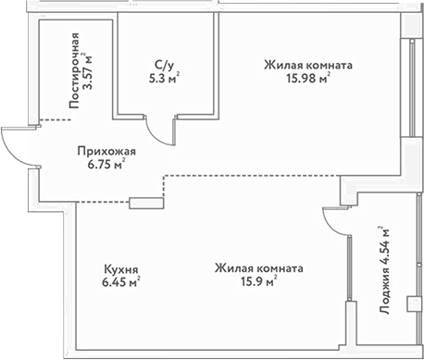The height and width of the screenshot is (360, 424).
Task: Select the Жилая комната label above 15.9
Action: (x=258, y=268)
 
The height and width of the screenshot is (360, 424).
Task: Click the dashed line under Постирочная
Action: (x=56, y=119)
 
